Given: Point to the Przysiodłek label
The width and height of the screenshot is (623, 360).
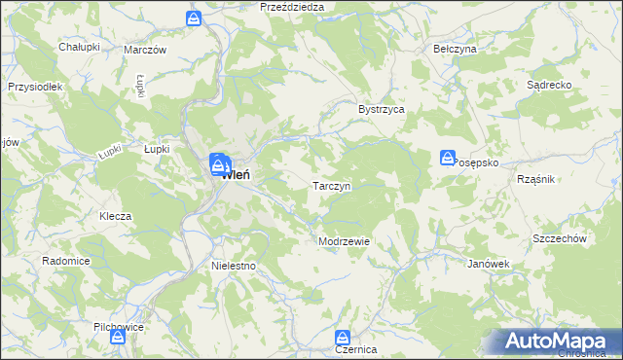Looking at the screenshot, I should tap(34, 87).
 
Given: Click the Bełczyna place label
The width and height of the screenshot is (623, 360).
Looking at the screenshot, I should tap(454, 48).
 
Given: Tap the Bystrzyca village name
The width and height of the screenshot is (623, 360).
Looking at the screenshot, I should tap(381, 110).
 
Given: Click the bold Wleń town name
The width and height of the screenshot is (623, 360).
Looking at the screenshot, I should tap(238, 176).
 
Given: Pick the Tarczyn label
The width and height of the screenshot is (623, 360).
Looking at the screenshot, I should tap(331, 185).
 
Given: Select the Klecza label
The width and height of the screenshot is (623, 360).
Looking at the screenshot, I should tap(115, 216).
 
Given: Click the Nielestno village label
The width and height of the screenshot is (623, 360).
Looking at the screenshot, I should tap(233, 265).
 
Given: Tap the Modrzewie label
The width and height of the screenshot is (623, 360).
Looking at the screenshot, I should tap(344, 241).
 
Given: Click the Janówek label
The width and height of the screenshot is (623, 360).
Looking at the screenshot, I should tap(489, 264).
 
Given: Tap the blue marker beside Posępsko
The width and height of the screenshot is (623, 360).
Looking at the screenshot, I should tap(447, 157).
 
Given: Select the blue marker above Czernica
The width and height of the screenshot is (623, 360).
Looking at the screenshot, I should tap(343, 334).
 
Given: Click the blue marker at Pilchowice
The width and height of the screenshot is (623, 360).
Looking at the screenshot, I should tap(117, 336).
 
